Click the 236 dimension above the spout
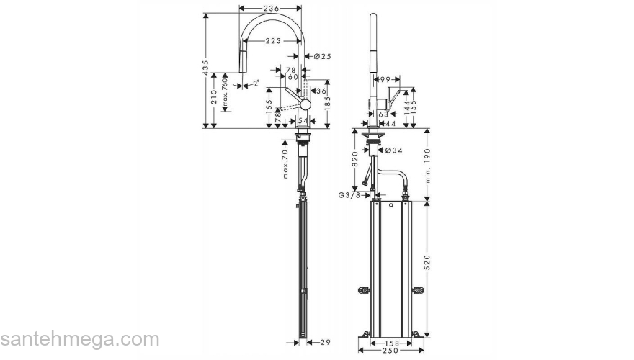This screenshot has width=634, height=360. point(271,8)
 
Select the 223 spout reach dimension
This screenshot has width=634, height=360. point(273,41)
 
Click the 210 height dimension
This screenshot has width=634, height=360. point(214,97)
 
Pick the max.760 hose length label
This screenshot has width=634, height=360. point(225,94)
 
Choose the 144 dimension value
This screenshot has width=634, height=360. point(407,108)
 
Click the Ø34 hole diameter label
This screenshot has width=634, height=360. point(393,150)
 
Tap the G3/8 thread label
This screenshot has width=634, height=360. point(352,194)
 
